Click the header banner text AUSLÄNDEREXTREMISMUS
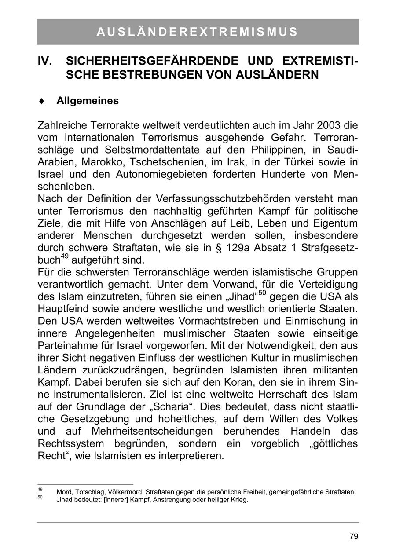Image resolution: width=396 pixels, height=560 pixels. (x=197, y=32)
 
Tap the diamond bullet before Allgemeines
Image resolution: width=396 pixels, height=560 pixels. (x=42, y=101)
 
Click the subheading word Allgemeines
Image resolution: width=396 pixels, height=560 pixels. (x=88, y=101)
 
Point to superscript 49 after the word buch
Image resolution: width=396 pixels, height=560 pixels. (x=64, y=256)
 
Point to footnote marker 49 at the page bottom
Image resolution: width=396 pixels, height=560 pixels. (x=40, y=490)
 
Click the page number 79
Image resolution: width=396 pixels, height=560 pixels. (x=354, y=537)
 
